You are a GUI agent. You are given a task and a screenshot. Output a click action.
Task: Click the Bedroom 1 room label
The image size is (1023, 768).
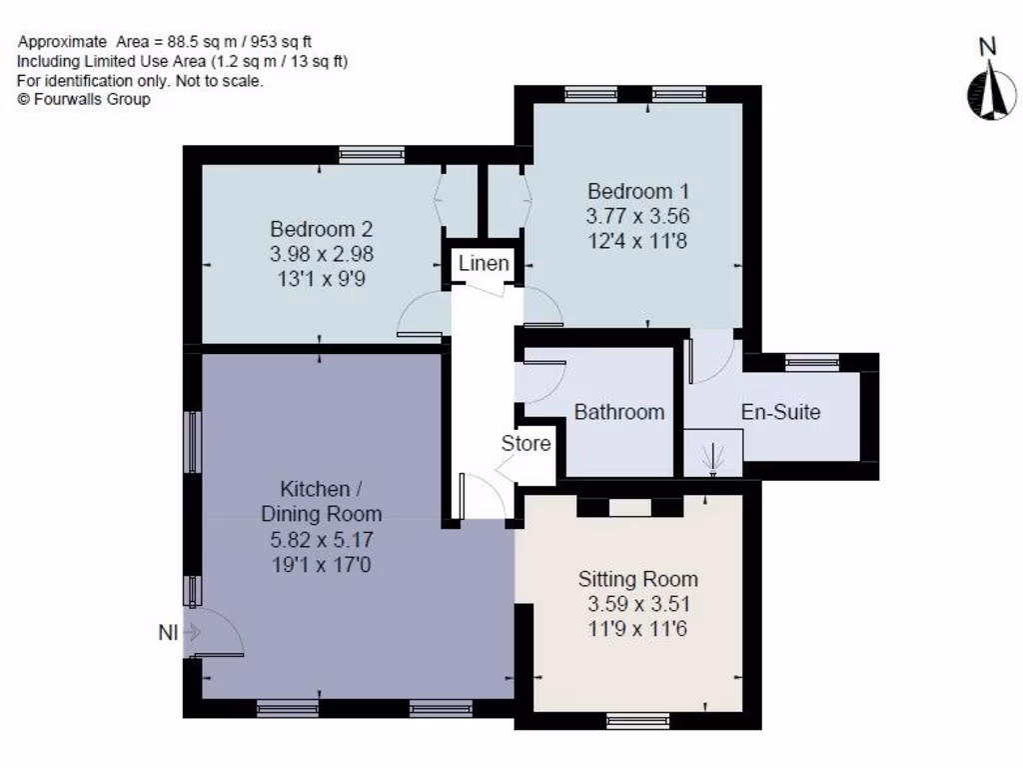pyautogui.click(x=637, y=191)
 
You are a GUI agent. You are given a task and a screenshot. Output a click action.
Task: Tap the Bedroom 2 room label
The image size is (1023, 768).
pyautogui.click(x=321, y=229)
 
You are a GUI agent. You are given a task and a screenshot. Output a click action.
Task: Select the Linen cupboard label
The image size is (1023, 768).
pyautogui.click(x=484, y=264)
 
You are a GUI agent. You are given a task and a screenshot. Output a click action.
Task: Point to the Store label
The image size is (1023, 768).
pyautogui.click(x=525, y=442)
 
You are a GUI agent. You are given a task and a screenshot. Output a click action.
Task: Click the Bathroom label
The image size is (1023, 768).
pyautogui.click(x=618, y=411)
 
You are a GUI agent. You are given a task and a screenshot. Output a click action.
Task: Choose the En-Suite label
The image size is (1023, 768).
pyautogui.click(x=780, y=411)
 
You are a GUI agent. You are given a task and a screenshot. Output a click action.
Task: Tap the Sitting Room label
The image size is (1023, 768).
pyautogui.click(x=637, y=579)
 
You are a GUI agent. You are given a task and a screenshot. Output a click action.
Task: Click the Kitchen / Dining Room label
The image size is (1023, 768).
pyautogui.click(x=321, y=502)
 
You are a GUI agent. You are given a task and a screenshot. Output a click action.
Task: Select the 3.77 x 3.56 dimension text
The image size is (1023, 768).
pyautogui.click(x=637, y=216)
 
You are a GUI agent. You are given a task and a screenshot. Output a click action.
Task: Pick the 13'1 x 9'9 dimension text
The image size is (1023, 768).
pyautogui.click(x=321, y=280)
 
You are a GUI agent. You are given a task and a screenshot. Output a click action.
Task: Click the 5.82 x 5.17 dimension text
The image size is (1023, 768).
pyautogui.click(x=321, y=540)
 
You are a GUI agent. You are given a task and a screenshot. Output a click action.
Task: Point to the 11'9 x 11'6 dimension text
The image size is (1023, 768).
pyautogui.click(x=637, y=629)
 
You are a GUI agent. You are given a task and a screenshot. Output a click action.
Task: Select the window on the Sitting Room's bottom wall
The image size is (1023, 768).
pyautogui.click(x=637, y=720)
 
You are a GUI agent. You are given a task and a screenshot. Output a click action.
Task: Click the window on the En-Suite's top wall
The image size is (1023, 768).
pyautogui.click(x=811, y=362)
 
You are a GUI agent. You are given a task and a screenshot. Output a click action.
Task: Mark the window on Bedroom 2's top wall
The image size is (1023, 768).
pyautogui.click(x=371, y=155)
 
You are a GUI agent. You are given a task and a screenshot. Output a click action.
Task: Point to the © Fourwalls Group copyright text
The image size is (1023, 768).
pyautogui.click(x=84, y=99)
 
